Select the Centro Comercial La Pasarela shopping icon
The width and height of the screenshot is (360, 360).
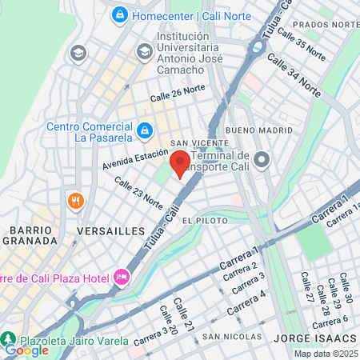point(145,129)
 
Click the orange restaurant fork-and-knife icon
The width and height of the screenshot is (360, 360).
point(77,201)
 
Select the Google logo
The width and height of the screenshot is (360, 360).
point(26,350)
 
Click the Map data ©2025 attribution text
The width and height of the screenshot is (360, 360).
point(325,354)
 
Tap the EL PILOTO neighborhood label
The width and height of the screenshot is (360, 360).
point(199,219)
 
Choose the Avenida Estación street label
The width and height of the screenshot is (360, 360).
point(135,158)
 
